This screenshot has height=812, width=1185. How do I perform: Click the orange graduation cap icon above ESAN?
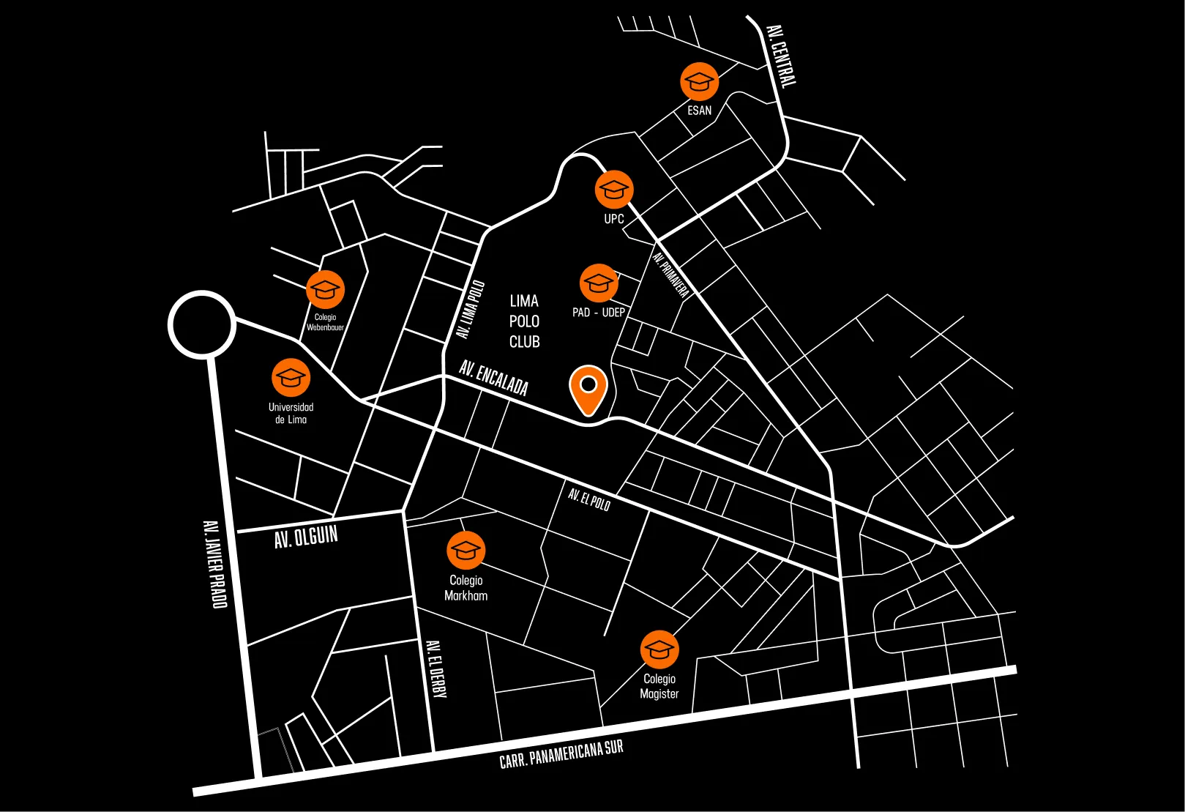pyautogui.click(x=699, y=81)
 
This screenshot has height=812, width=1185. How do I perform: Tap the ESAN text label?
pyautogui.click(x=699, y=111)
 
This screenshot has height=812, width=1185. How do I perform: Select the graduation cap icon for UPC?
pyautogui.click(x=613, y=190)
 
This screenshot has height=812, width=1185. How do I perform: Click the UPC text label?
pyautogui.click(x=613, y=219)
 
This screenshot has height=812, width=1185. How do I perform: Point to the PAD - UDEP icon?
pyautogui.click(x=599, y=283)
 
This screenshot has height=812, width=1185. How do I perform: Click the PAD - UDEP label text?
pyautogui.click(x=599, y=313)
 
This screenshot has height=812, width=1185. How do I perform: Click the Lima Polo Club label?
pyautogui.click(x=524, y=321)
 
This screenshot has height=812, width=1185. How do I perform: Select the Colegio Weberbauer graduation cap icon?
pyautogui.click(x=325, y=289)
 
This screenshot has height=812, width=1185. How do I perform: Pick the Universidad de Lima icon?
pyautogui.click(x=291, y=378)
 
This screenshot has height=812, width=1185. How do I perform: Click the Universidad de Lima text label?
pyautogui.click(x=291, y=413)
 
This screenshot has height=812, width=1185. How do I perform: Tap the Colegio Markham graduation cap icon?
pyautogui.click(x=466, y=550)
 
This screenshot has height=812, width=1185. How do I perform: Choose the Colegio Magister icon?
pyautogui.click(x=659, y=649)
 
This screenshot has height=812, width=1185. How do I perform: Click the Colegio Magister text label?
pyautogui.click(x=659, y=686)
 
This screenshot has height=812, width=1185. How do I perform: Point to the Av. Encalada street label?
pyautogui.click(x=493, y=377)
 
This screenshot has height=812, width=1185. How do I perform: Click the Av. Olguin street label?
pyautogui.click(x=306, y=537)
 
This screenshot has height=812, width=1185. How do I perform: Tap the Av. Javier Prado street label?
pyautogui.click(x=214, y=564)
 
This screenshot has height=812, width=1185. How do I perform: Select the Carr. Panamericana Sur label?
pyautogui.click(x=561, y=754)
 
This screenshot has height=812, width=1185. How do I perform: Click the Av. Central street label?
pyautogui.click(x=780, y=56)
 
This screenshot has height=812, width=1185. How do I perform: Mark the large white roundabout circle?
pyautogui.click(x=201, y=324)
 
